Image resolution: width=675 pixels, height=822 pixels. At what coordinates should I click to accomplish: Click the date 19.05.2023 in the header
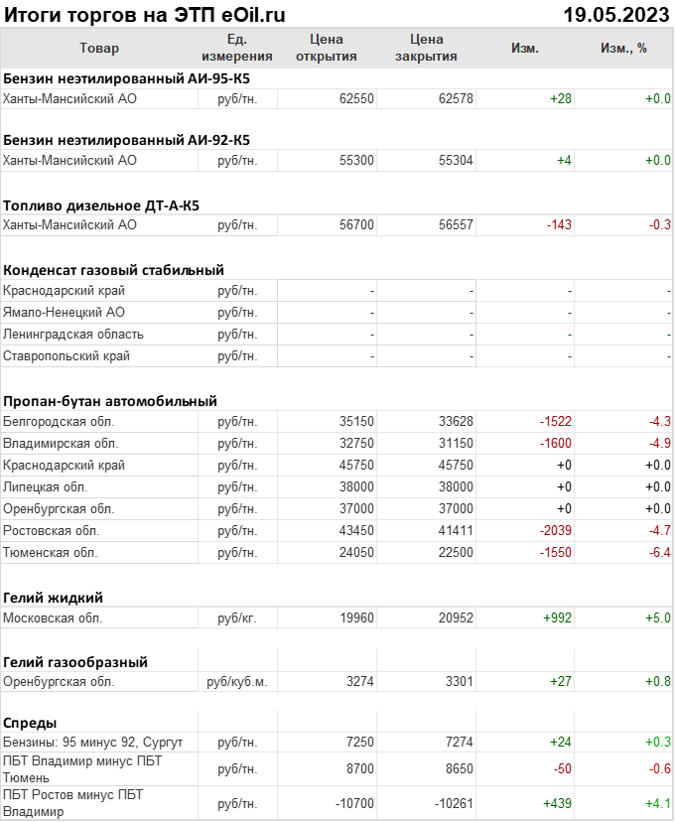[x=616, y=15]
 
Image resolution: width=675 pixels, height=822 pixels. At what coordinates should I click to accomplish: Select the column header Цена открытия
[x=327, y=48]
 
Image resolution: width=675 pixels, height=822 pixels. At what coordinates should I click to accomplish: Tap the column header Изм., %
[x=623, y=48]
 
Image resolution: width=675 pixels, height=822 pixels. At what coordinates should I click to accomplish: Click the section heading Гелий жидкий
[x=54, y=597]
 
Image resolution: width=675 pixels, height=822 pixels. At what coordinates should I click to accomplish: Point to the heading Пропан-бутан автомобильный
[x=110, y=401]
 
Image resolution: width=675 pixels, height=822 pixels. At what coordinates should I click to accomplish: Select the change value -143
[x=559, y=225]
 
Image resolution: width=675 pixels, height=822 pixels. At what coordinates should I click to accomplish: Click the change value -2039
[x=555, y=531]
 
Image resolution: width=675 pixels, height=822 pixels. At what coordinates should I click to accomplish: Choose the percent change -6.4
[x=660, y=553]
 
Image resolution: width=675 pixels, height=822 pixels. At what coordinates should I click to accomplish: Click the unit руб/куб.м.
[x=237, y=682]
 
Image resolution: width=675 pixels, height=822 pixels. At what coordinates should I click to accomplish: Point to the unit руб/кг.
[x=237, y=618]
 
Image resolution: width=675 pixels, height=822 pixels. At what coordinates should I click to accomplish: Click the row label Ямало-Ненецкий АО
[x=65, y=313]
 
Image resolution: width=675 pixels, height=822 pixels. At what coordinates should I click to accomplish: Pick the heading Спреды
[x=30, y=723]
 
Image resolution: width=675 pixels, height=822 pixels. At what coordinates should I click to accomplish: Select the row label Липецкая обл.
[x=46, y=487]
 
